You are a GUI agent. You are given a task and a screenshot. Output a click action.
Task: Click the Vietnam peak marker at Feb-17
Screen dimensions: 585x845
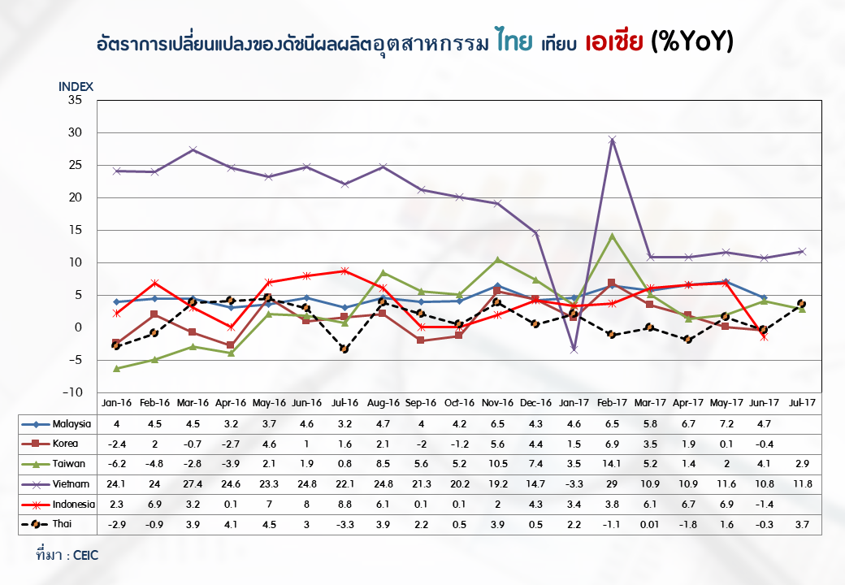612,140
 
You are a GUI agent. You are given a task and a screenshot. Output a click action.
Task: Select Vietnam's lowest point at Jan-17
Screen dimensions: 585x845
574,349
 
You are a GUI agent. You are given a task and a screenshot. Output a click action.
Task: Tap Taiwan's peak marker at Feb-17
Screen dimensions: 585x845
612,236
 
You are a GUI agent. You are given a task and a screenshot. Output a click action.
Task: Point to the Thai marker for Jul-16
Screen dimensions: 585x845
344,349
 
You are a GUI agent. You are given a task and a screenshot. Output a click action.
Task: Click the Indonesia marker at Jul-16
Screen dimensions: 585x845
344,271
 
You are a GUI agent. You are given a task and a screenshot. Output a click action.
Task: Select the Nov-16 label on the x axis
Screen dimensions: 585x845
497,402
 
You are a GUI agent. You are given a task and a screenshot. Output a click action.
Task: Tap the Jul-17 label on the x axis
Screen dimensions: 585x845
802,402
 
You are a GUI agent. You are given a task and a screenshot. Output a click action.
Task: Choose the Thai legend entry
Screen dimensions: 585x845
56,525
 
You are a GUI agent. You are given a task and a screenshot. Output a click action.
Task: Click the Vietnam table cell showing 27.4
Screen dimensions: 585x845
193,484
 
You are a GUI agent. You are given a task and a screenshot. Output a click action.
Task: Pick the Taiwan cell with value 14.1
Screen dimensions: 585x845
612,464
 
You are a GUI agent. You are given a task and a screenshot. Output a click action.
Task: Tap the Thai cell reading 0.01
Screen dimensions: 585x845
650,525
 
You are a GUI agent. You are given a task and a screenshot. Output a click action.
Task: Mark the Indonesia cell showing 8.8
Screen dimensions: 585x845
344,505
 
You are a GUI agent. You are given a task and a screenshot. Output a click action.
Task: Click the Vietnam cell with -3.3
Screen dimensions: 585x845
574,484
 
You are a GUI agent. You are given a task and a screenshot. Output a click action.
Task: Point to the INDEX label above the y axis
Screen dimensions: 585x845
76,86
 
